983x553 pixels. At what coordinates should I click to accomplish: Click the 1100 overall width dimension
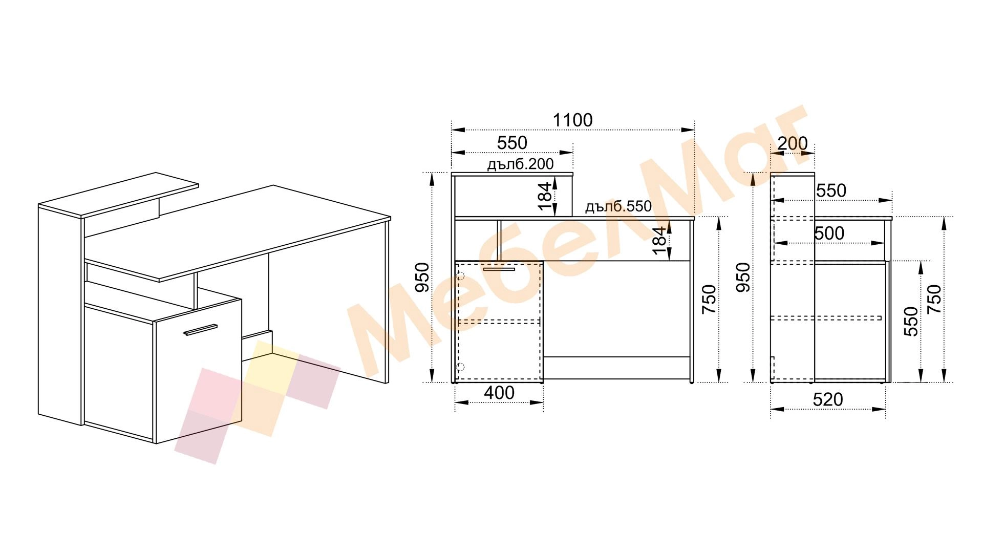tap(572, 120)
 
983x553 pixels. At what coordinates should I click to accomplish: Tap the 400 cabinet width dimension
tap(499, 393)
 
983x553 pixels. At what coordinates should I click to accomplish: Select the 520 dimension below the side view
tap(828, 399)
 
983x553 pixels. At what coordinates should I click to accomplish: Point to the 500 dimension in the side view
tap(829, 233)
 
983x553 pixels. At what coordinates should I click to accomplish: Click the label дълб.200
tap(520, 164)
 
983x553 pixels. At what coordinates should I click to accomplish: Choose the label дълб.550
tap(618, 206)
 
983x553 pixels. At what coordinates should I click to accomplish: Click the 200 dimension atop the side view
tap(793, 143)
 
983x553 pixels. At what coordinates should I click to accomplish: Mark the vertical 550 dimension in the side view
tap(911, 321)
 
